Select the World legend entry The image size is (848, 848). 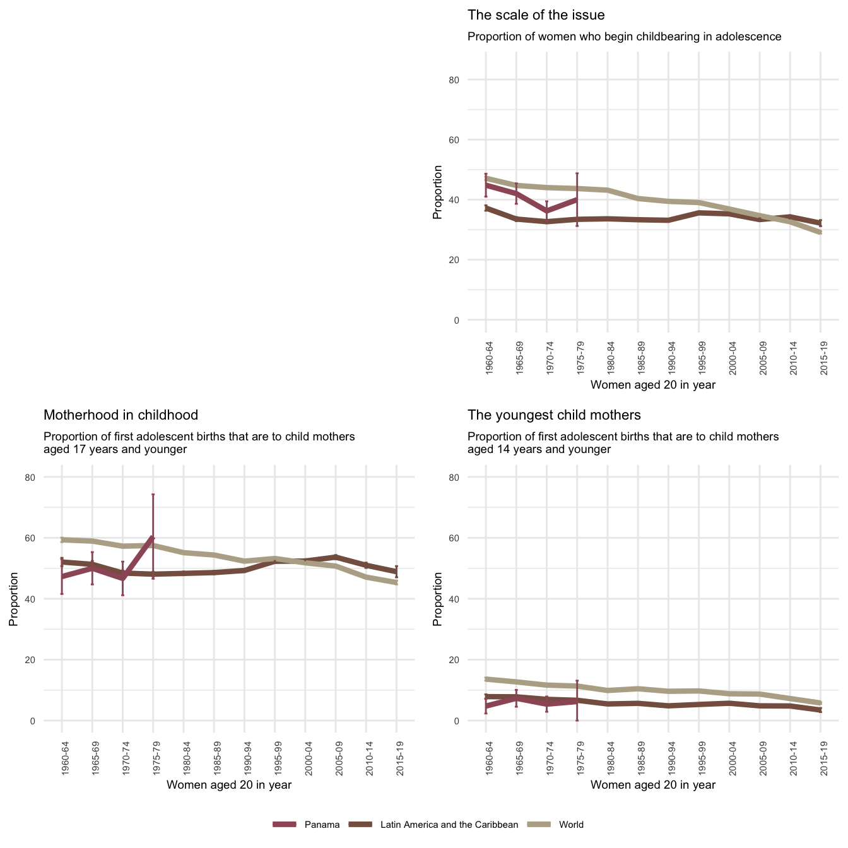coord(571,825)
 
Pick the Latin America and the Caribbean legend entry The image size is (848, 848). coord(449,825)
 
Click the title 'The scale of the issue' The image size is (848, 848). coord(536,15)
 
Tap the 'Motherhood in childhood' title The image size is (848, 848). coord(121,415)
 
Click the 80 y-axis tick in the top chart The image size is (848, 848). coord(471,80)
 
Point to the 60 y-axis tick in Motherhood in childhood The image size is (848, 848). coord(47,538)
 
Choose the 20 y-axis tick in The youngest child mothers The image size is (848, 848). coord(471,660)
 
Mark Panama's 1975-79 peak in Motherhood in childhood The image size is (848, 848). coord(153,538)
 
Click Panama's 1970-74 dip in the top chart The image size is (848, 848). coord(546,211)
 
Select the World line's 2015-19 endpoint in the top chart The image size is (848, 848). coord(820,232)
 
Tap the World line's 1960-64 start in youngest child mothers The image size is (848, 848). coord(486,679)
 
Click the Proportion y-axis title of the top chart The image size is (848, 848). coord(437,192)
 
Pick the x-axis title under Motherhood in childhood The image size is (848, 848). coord(228,785)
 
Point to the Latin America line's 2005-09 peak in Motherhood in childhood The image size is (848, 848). coord(336,556)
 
